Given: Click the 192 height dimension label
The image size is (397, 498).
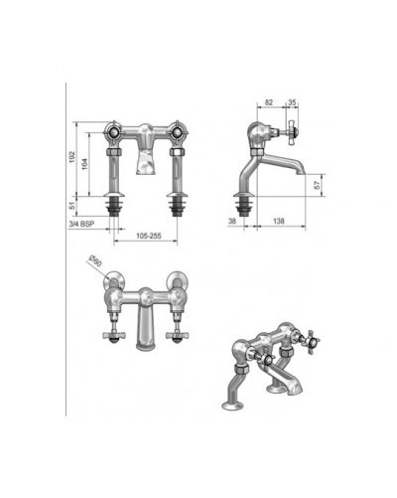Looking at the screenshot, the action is pos(72,157).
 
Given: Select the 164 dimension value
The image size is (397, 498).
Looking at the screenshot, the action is pos(84,164).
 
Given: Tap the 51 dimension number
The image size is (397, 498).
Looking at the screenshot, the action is pos(72,206).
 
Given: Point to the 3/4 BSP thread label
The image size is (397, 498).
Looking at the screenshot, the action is pos(81,224).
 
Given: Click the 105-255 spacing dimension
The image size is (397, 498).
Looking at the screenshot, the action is pos(149,236).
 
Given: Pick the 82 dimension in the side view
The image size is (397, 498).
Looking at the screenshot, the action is pos(269,102).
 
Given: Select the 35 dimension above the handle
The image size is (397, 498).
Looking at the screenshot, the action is pos(292,102).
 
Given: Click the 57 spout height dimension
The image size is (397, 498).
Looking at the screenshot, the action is pos(318,185).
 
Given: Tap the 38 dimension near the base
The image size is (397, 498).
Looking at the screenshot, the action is pos(232,221).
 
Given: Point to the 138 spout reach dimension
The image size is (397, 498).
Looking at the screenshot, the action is pos(279,221).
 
